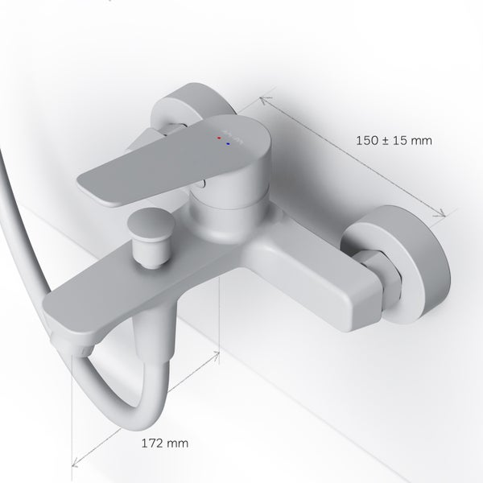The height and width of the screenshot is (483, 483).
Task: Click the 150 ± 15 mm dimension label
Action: [394, 139]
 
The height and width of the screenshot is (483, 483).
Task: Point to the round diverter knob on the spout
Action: [151, 224]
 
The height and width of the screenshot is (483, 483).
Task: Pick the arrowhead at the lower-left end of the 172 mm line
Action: [75, 462]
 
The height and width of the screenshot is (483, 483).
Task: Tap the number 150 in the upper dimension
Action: [367, 139]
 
